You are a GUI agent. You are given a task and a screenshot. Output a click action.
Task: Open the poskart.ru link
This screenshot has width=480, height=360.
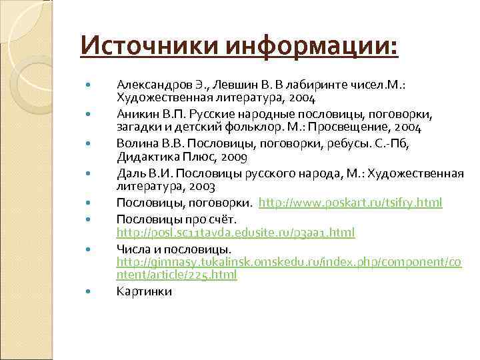pos(350,202)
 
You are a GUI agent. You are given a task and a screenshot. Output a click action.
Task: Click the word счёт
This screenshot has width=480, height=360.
pos(221,219)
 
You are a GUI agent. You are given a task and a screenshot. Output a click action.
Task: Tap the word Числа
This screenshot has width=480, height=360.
pos(133,249)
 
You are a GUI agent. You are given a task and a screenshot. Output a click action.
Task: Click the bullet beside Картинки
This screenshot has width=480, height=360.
pos(87,291)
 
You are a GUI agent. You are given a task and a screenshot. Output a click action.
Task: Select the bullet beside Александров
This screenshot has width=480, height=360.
pos(87,85)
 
